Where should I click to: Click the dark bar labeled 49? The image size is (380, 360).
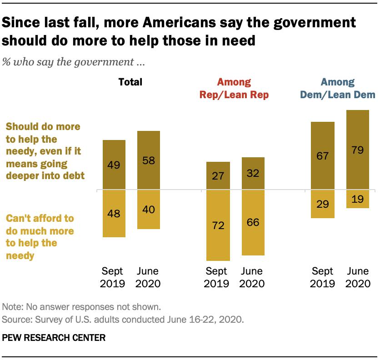pyautogui.click(x=114, y=165)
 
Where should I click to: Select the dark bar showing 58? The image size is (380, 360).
pyautogui.click(x=148, y=160)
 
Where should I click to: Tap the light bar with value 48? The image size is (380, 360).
pyautogui.click(x=114, y=213)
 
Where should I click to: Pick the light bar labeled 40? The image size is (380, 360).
pyautogui.click(x=148, y=209)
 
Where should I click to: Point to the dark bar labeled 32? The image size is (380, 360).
pyautogui.click(x=253, y=173)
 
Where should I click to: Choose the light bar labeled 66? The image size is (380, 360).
pyautogui.click(x=253, y=222)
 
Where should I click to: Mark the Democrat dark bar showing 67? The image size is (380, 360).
pyautogui.click(x=323, y=155)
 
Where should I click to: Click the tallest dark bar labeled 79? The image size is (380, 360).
pyautogui.click(x=357, y=150)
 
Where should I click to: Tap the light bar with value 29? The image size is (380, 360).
pyautogui.click(x=323, y=204)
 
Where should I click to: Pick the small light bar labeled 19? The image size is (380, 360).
pyautogui.click(x=357, y=199)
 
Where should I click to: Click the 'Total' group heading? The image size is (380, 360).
pyautogui.click(x=130, y=82)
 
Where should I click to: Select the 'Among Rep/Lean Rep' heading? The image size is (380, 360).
pyautogui.click(x=234, y=89)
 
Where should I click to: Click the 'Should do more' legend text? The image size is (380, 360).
pyautogui.click(x=44, y=150)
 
